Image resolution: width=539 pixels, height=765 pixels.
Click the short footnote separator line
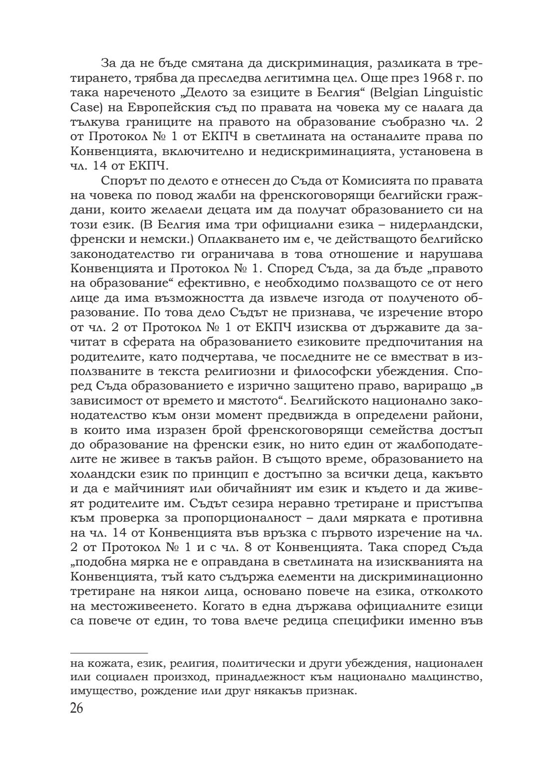tap(109, 652)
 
